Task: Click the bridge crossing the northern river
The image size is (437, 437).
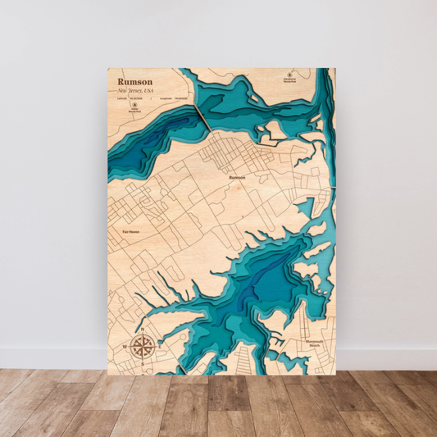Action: [x=202, y=120]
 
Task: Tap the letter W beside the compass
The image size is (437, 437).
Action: [x=124, y=344]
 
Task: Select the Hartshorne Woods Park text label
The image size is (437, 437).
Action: [x=289, y=81]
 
